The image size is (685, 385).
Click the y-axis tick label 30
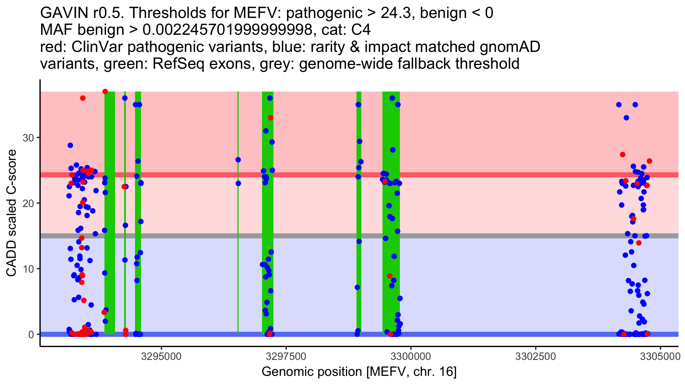coord(28,138)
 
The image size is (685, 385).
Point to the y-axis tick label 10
coord(28,269)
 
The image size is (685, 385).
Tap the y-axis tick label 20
coord(28,203)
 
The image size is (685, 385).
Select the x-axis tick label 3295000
coord(162,356)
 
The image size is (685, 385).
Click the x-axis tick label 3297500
coord(286,356)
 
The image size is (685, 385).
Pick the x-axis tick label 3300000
coord(411,356)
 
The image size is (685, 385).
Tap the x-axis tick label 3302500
coord(535,356)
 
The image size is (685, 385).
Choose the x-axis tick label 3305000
coord(660,356)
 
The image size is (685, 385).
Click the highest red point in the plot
coord(105,92)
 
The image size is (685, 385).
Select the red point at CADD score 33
coord(271,118)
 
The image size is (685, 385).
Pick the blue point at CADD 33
coord(626,118)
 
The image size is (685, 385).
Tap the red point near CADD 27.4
coord(622,155)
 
